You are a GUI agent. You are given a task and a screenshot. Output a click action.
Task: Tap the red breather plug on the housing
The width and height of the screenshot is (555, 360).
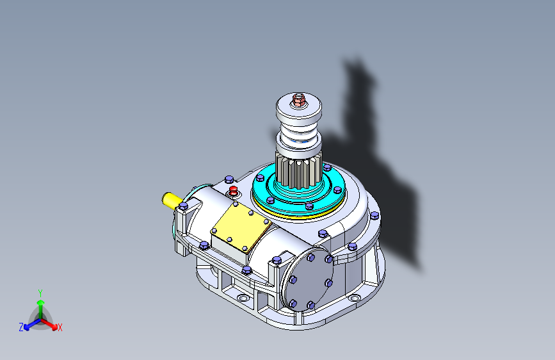click(233, 191)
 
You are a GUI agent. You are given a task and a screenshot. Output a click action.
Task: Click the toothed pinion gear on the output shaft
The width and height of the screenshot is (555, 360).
click(299, 170)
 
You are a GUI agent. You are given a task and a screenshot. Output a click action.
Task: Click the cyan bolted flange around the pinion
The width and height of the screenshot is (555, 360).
click(299, 192)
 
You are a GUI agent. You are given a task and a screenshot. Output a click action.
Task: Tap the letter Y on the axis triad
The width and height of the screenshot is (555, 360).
click(40, 293)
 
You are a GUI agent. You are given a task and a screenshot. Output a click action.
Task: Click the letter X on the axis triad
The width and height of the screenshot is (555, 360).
click(60, 327)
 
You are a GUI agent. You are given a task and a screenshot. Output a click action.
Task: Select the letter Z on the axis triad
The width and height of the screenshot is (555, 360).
click(21, 327)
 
